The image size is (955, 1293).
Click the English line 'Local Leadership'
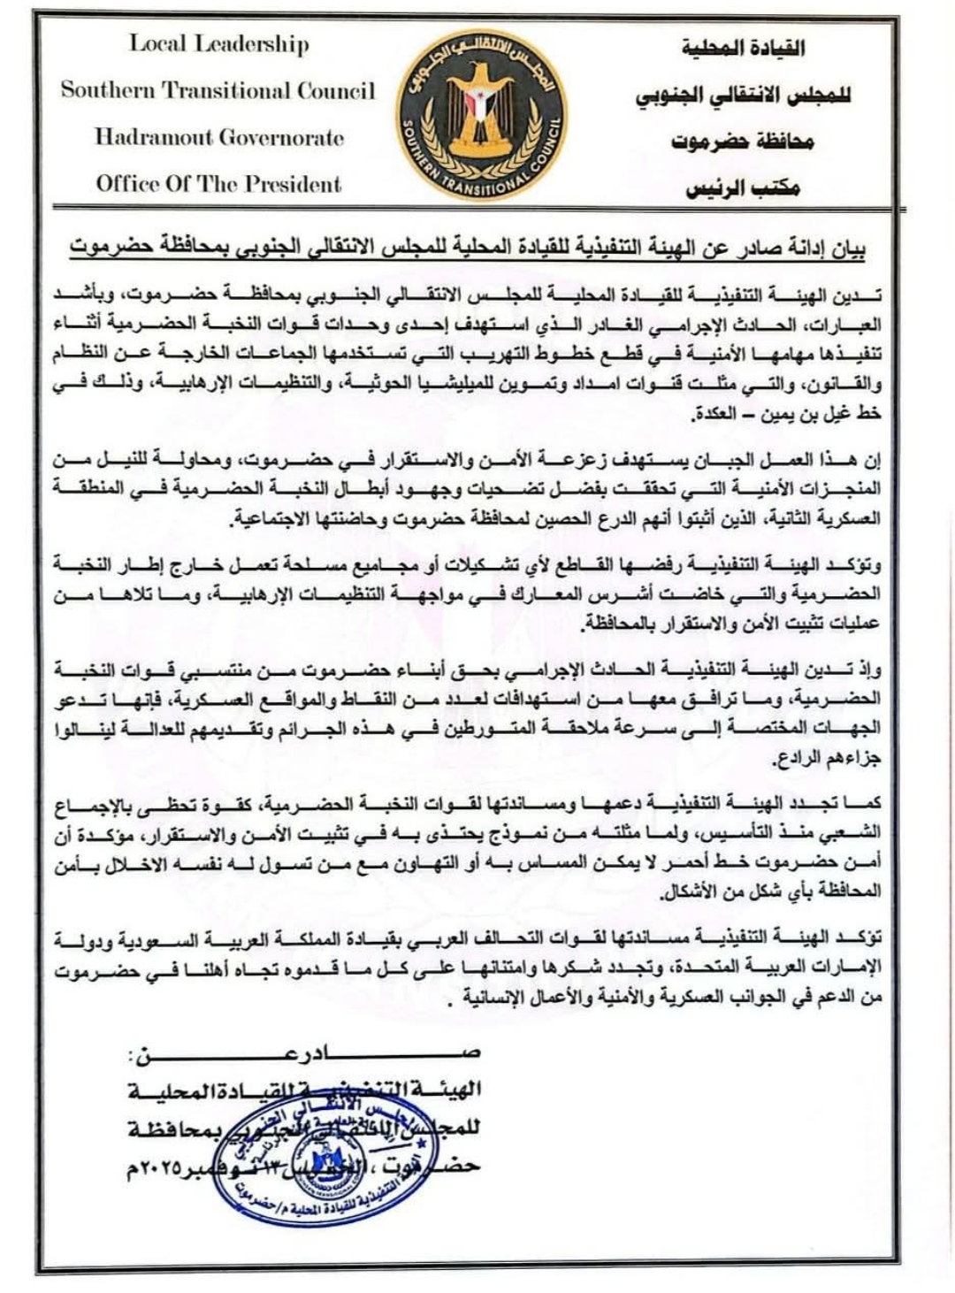tap(219, 43)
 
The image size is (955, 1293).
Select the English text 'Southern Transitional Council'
tap(218, 90)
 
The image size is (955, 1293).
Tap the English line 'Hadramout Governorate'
tap(219, 137)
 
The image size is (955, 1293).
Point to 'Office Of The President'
tap(218, 184)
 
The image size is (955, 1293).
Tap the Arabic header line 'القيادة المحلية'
tap(744, 48)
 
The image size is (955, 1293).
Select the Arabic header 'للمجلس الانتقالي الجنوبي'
tap(744, 96)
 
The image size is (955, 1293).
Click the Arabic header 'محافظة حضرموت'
tap(744, 142)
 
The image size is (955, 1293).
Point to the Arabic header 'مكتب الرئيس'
tap(744, 189)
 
